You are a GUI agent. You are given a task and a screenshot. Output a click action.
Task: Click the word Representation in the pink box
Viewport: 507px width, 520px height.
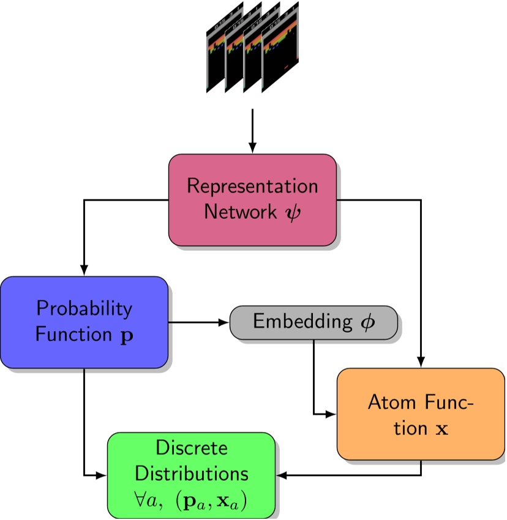tap(252, 186)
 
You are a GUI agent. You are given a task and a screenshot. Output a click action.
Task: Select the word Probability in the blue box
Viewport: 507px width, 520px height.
tap(84, 308)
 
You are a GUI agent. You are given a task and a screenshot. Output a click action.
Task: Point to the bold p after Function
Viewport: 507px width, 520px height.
tap(129, 335)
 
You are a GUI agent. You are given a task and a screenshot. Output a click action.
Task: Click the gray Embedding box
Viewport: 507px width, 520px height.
tap(314, 322)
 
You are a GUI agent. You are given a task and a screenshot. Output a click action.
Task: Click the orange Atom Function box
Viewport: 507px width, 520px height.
tap(421, 414)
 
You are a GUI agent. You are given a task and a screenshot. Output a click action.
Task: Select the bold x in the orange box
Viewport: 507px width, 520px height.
tap(440, 428)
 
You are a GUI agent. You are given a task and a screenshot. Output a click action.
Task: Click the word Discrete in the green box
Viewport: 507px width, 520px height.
tap(192, 448)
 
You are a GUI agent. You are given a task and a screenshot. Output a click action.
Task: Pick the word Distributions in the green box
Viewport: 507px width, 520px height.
tap(192, 474)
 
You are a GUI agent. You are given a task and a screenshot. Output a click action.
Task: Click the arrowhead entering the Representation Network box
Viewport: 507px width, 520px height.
tap(252, 149)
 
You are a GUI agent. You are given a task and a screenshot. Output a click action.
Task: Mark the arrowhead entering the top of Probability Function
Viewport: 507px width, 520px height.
tap(84, 271)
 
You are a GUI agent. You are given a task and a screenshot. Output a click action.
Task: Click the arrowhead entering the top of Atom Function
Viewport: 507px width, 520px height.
tap(421, 363)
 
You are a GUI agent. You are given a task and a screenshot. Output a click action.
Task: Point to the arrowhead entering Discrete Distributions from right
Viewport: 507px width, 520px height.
tap(281, 475)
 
